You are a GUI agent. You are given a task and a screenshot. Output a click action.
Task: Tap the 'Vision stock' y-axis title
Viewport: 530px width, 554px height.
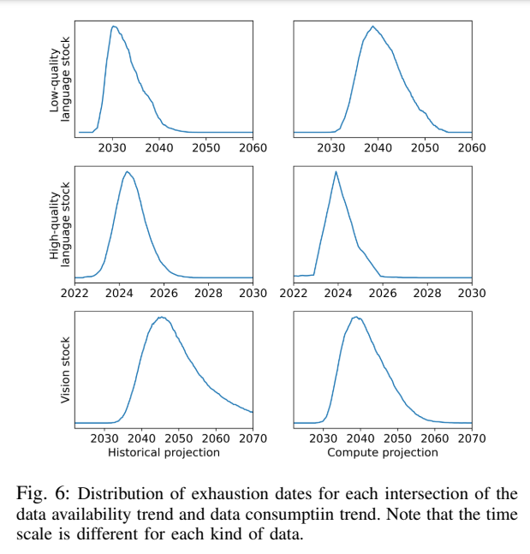click(64, 370)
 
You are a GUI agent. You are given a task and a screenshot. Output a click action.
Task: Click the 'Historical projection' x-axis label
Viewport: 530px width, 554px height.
click(164, 452)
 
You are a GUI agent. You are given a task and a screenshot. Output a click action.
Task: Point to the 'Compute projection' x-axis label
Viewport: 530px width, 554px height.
click(382, 452)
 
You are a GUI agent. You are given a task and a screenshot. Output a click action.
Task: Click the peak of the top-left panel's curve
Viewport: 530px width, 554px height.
click(113, 26)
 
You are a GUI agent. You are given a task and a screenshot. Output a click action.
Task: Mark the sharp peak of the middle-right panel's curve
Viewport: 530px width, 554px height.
click(336, 171)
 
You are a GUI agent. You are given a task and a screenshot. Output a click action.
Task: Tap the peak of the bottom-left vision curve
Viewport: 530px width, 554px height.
click(160, 317)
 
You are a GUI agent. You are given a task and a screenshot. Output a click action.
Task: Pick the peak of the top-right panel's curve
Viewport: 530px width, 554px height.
click(372, 26)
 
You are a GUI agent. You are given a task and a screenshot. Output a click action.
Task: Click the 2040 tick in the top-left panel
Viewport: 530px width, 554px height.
click(159, 148)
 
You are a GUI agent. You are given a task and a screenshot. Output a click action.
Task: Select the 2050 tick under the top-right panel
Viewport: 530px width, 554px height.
click(425, 148)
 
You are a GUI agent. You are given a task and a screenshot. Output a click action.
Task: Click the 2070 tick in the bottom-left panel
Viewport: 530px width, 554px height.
click(253, 438)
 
